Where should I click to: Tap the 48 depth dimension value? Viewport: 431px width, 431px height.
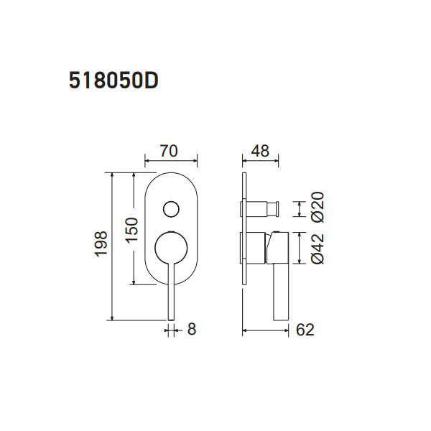pyautogui.click(x=260, y=151)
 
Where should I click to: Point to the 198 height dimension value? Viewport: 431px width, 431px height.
pyautogui.click(x=101, y=244)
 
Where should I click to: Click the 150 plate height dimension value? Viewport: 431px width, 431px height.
pyautogui.click(x=130, y=231)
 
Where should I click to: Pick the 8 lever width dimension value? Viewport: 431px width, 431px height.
pyautogui.click(x=191, y=330)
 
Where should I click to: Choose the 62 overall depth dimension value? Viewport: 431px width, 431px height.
pyautogui.click(x=305, y=330)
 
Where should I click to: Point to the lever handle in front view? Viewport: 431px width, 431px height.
pyautogui.click(x=171, y=295)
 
